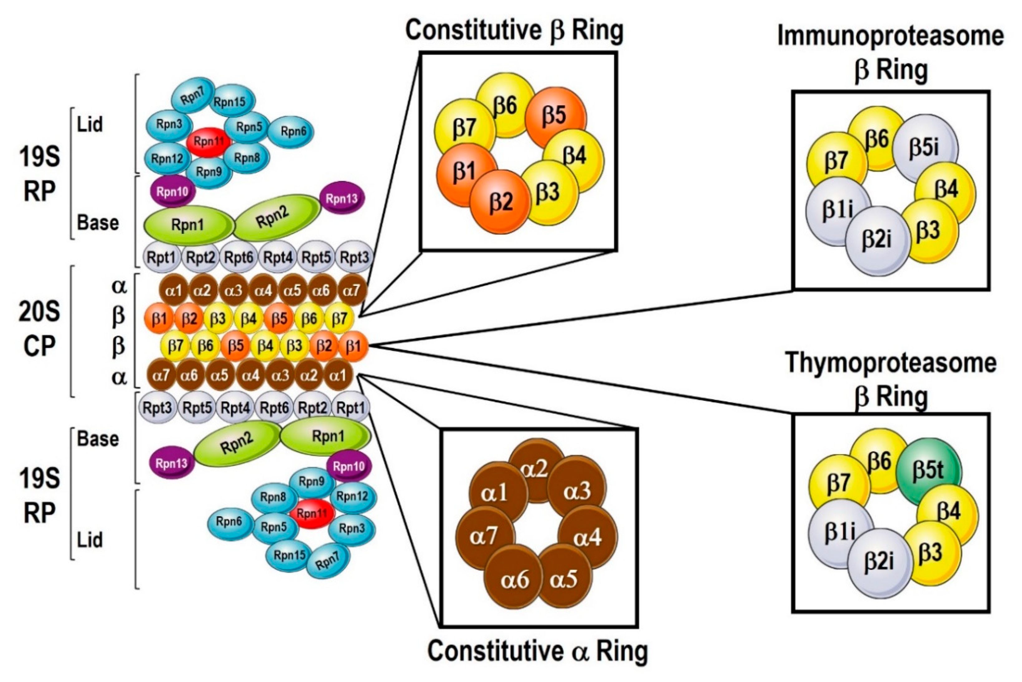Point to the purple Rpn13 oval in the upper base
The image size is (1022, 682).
pyautogui.click(x=342, y=199)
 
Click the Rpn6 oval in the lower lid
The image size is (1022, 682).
pyautogui.click(x=229, y=521)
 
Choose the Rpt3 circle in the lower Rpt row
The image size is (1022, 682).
pyautogui.click(x=158, y=408)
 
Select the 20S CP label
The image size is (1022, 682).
pyautogui.click(x=39, y=329)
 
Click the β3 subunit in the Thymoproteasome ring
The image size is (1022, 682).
pyautogui.click(x=930, y=553)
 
